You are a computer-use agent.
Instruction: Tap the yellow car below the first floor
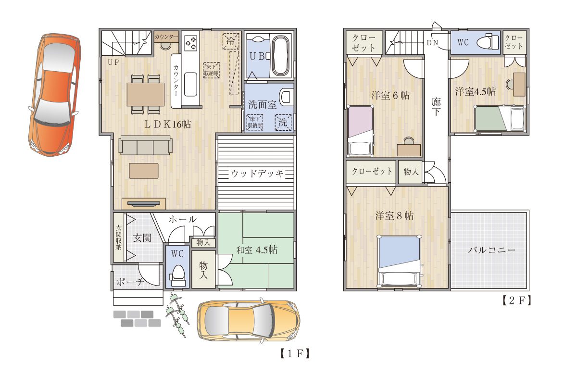pos(249,321)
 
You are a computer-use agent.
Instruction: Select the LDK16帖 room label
pos(167,125)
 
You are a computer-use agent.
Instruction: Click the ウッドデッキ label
pos(257,174)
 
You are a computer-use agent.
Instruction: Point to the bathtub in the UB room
pos(280,56)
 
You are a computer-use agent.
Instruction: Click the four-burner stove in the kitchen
pos(191,43)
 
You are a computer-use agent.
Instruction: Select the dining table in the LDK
pos(146,94)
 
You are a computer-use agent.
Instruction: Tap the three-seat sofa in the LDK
pos(146,146)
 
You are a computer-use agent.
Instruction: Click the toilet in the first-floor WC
pos(177,276)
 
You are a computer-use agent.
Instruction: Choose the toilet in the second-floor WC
pos(488,42)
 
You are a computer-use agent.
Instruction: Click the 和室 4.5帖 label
pos(257,250)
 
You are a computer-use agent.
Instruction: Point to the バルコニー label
pos(491,250)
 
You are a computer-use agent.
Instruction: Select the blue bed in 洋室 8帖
pos(399,262)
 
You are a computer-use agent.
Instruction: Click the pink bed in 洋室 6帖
pos(361,131)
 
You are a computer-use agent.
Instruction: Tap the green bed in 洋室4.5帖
pos(500,118)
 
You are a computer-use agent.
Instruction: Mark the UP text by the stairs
pos(113,62)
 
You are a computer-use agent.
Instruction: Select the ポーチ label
pos(130,282)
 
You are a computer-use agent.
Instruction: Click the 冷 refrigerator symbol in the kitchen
pos(230,41)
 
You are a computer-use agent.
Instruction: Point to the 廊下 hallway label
pos(436,107)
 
